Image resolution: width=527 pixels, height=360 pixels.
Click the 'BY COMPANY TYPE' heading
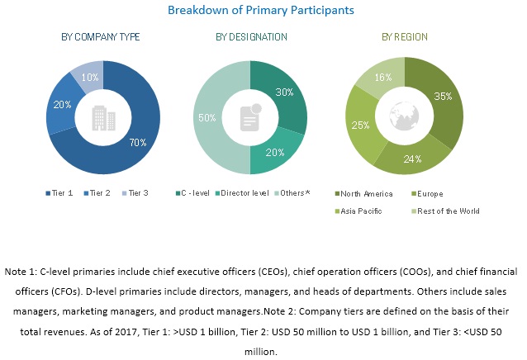tap(101, 37)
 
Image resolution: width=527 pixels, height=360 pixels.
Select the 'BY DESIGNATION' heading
tap(251, 37)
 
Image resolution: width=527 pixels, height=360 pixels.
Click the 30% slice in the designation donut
tap(284, 93)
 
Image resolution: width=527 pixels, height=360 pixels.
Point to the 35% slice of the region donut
tap(444, 97)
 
